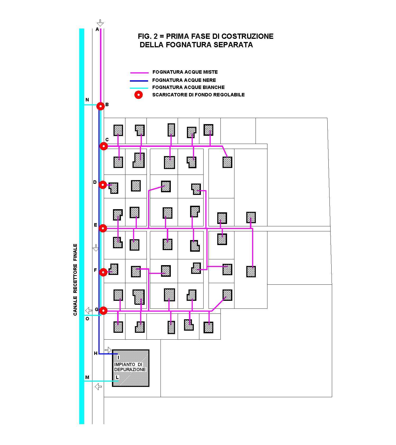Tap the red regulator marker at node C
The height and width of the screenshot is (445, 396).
tap(104, 146)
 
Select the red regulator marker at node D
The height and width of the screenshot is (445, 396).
tap(103, 185)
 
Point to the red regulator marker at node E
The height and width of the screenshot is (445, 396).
tap(103, 228)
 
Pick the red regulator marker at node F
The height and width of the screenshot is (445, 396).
tap(103, 272)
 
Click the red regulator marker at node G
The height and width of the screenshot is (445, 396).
tap(103, 311)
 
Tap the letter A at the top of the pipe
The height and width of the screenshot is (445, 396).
tap(97, 29)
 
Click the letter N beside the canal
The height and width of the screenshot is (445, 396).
tap(87, 100)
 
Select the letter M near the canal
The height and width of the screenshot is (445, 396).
tap(87, 377)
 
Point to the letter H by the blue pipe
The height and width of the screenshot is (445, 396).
tap(96, 353)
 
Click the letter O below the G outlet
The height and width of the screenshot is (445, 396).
tap(87, 319)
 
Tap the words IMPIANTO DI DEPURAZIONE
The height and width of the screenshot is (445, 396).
tap(130, 367)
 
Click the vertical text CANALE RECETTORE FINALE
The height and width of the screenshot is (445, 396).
tap(75, 279)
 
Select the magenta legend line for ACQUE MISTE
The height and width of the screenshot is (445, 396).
tap(139, 73)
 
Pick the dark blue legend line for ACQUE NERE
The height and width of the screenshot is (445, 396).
tap(139, 81)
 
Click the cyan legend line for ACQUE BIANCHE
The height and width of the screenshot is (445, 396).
tap(139, 88)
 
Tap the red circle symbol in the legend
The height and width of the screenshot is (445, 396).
tap(139, 95)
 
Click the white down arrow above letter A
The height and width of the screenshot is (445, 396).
tap(100, 23)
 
